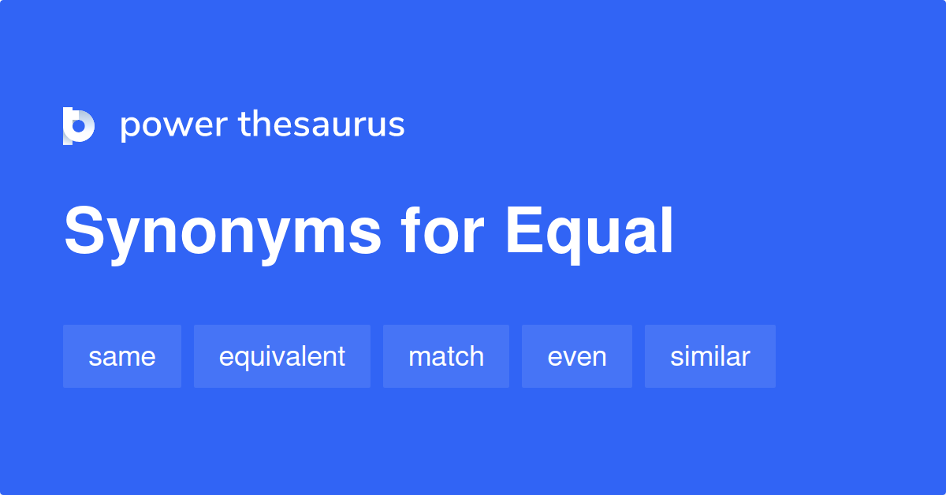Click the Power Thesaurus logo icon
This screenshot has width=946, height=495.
(x=79, y=126)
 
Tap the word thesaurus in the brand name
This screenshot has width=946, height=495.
(x=322, y=125)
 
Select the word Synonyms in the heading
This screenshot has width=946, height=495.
(x=223, y=232)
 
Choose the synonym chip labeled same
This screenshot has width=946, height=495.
(x=122, y=356)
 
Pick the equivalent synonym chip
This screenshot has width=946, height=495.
(x=282, y=356)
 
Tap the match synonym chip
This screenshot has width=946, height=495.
(x=446, y=356)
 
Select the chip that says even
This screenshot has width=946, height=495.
(x=577, y=356)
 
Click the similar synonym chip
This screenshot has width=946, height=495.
(x=710, y=356)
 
